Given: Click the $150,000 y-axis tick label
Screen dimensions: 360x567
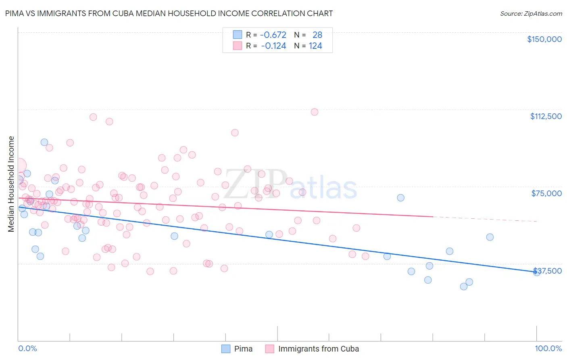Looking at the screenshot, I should [544, 39].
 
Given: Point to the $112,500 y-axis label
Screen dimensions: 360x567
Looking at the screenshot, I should [546, 116].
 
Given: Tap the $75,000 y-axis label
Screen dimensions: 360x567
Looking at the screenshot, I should [546, 193].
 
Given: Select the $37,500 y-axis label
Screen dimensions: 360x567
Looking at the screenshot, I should [547, 271].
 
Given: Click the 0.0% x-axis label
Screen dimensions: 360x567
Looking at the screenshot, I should [27, 348].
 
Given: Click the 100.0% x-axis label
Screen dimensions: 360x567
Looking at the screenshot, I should [548, 348].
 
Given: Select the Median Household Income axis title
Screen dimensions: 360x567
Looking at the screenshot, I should [11, 184].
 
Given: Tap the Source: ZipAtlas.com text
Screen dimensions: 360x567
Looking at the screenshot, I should [531, 13].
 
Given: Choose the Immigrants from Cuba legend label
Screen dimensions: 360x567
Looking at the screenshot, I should [318, 349].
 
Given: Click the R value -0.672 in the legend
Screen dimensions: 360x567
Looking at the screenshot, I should [273, 35].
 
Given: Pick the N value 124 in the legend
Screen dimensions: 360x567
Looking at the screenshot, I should [315, 46].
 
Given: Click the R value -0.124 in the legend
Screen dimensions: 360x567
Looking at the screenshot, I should [273, 46].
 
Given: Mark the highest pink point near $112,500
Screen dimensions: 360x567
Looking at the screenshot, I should [315, 112].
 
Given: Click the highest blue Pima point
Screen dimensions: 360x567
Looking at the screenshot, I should [44, 142].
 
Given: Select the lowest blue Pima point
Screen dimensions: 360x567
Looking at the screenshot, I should [464, 287].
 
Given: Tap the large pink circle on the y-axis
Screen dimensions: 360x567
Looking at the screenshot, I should [19, 165].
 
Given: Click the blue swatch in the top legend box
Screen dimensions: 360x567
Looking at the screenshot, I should [238, 35].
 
